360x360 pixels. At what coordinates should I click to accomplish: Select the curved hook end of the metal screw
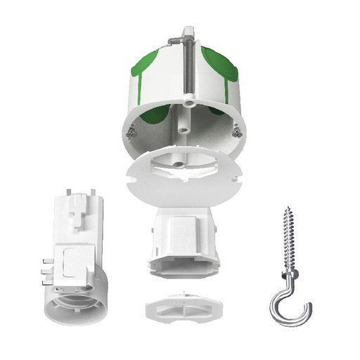(x=288, y=309)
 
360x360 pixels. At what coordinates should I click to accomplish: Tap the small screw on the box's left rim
(x=131, y=128)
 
